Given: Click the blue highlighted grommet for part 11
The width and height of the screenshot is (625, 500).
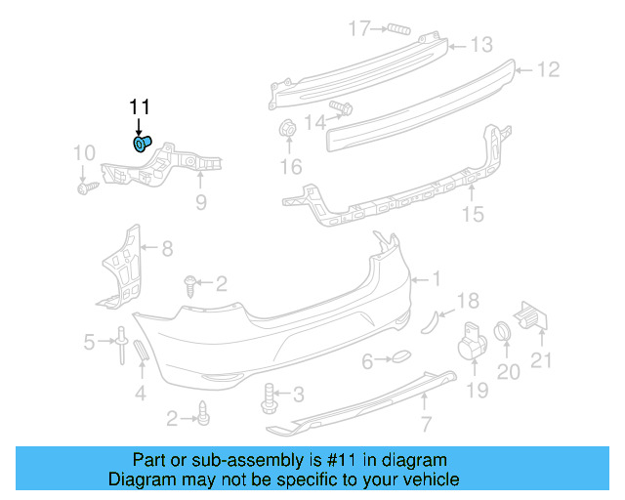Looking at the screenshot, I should pos(142,145).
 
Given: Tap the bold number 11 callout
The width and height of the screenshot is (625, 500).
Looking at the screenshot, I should pos(141,106).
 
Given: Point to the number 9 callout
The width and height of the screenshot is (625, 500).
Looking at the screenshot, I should pos(200,202).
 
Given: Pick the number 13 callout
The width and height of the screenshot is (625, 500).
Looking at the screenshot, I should pos(482,44).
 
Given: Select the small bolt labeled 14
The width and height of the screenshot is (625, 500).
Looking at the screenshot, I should pos(342,106).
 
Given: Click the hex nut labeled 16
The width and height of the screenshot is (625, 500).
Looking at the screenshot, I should pos(288,129).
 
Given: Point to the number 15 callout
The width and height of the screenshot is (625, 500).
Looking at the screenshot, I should pos(473,214).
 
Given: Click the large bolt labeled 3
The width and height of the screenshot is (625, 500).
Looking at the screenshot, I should pos(269,396).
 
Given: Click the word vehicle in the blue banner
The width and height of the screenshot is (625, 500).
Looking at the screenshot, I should pos(424,480).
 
